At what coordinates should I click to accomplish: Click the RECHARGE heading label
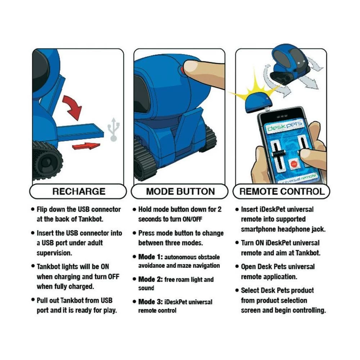(79, 191)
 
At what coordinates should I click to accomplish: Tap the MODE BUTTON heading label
(180, 191)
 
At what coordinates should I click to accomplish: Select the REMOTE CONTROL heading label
(282, 191)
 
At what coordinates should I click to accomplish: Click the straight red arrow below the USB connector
(86, 146)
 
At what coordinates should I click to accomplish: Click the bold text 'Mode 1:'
(150, 257)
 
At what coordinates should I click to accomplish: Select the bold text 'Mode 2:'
(150, 279)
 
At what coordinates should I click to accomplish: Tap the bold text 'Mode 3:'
(150, 302)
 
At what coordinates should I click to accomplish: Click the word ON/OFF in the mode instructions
(192, 219)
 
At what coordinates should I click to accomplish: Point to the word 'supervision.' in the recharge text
(54, 253)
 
